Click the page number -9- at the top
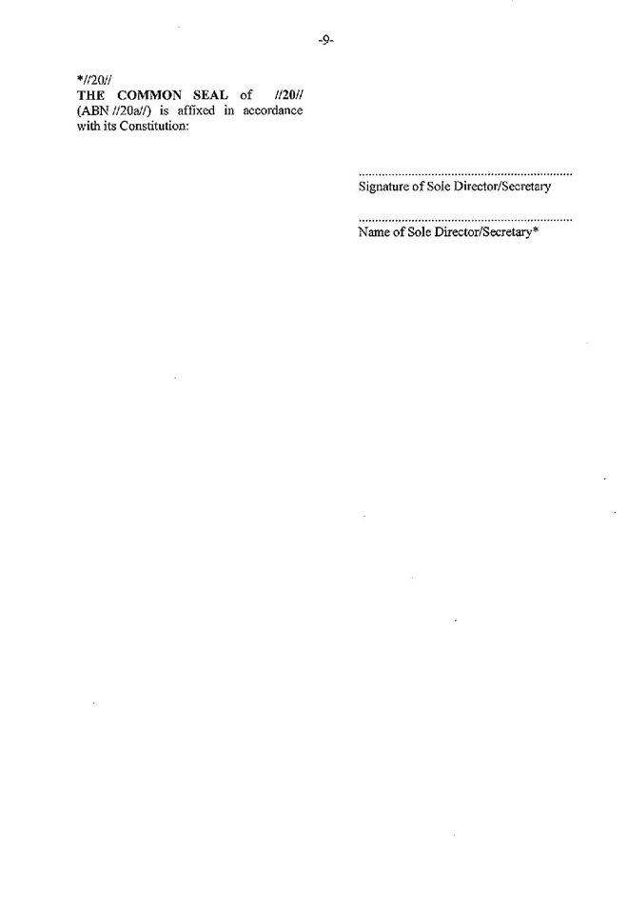pos(325,40)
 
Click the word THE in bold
pos(90,95)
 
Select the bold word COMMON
pos(149,95)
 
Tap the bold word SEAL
pos(210,95)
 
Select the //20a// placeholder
pos(134,111)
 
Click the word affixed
pos(196,110)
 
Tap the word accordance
pos(273,110)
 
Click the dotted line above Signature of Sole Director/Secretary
pos(465,174)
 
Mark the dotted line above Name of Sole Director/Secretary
pos(465,220)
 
